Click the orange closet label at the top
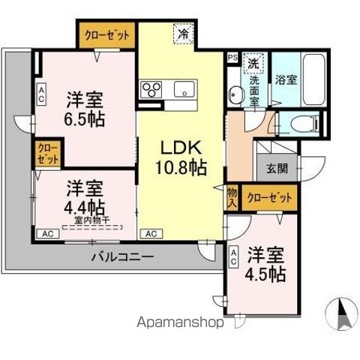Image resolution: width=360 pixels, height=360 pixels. pyautogui.click(x=106, y=35)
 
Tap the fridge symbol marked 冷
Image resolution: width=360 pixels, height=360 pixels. pyautogui.click(x=181, y=34)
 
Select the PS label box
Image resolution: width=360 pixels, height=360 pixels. pyautogui.click(x=232, y=55)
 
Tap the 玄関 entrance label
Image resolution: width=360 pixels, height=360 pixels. pyautogui.click(x=274, y=169)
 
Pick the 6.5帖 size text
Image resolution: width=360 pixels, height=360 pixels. pyautogui.click(x=83, y=119)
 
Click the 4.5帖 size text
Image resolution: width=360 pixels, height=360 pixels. pyautogui.click(x=266, y=274)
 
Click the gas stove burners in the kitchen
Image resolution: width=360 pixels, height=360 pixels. pyautogui.click(x=150, y=89)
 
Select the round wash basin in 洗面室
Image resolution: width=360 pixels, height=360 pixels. pyautogui.click(x=236, y=94)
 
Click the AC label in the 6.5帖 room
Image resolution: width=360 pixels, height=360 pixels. pyautogui.click(x=41, y=94)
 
